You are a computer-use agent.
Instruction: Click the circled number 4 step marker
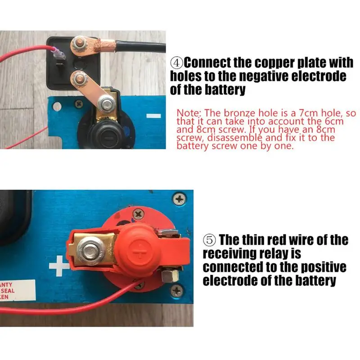176,63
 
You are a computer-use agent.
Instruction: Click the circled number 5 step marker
209,240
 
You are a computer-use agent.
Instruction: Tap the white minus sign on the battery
153,116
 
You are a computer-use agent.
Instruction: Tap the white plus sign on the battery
59,266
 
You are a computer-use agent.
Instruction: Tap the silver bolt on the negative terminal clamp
106,103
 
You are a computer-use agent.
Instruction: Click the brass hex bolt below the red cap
170,275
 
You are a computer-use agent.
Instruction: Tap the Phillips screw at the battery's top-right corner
180,199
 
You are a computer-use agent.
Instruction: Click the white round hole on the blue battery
57,107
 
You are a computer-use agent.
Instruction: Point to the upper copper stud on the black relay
79,43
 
